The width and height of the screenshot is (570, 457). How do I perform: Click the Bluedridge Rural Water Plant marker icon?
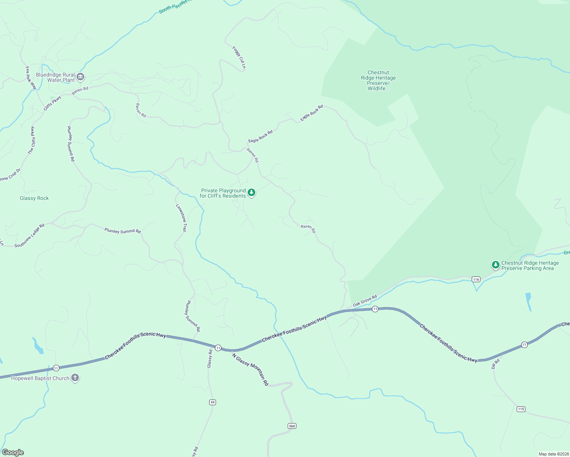tap(80, 77)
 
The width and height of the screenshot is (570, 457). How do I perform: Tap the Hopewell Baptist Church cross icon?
tap(75, 378)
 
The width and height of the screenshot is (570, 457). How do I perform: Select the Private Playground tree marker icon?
tap(251, 193)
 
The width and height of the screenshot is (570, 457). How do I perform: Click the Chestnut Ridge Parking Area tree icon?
tap(495, 265)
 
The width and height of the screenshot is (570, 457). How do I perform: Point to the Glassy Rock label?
tap(34, 198)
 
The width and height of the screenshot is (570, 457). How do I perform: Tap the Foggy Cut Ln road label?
tap(239, 58)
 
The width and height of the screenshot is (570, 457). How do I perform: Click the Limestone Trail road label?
tap(181, 218)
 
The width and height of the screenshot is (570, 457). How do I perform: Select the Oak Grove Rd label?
tap(365, 300)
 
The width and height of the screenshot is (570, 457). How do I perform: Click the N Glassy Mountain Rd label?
tap(250, 369)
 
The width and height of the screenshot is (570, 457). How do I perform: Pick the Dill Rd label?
tap(495, 364)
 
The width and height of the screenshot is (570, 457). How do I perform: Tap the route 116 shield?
tap(476, 280)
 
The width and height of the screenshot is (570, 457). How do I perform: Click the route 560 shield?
tap(292, 426)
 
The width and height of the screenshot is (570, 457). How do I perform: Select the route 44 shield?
tap(213, 402)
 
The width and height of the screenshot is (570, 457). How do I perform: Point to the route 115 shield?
tap(521, 409)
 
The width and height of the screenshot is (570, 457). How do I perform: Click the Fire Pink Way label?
tap(30, 78)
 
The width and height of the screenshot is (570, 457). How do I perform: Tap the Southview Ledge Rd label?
tap(29, 236)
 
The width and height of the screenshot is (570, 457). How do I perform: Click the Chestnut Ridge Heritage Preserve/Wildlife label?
tap(378, 80)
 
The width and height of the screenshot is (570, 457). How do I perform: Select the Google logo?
tap(13, 452)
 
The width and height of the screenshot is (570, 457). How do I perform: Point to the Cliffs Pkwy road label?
tap(52, 103)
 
